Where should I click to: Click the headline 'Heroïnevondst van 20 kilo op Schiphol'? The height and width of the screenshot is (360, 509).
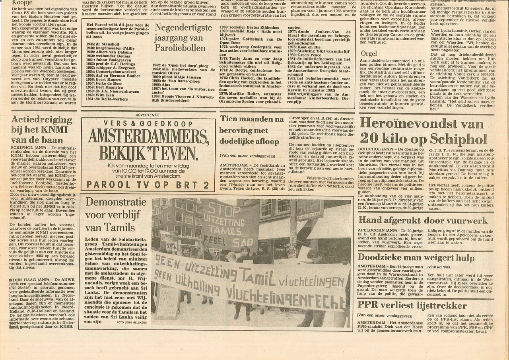[x=424, y=131]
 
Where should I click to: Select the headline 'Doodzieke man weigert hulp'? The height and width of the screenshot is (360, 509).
[x=416, y=258]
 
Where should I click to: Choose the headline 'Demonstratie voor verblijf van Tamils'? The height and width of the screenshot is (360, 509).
[x=116, y=214]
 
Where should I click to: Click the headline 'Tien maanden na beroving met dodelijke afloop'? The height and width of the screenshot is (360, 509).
[x=251, y=130]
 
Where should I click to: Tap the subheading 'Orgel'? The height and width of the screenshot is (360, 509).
[x=369, y=53]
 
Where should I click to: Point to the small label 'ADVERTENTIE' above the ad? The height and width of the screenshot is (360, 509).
[x=148, y=115]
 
